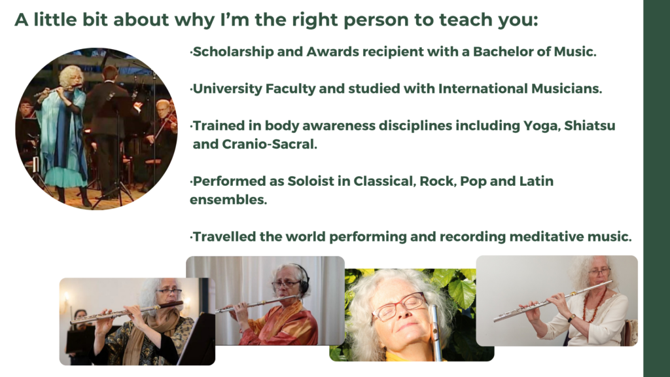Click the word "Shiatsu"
tap(590, 126)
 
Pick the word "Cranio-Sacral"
tap(270, 145)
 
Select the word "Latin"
tap(537, 181)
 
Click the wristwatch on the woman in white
tap(571, 318)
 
